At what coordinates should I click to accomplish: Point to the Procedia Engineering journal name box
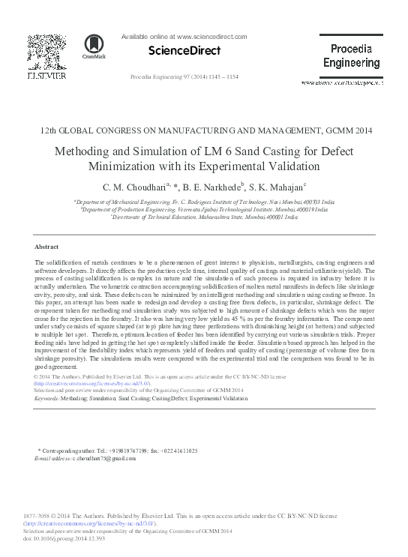coord(350,55)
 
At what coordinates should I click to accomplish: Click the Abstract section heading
coord(46,246)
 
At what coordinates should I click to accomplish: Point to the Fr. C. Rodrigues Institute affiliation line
coord(204,202)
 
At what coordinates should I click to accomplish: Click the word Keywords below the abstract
coord(47,399)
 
